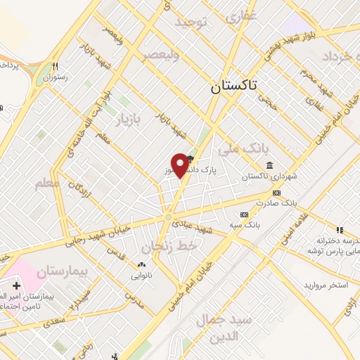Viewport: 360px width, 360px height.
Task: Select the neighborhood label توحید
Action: point(193,22)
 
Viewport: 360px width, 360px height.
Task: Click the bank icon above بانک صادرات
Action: point(276,193)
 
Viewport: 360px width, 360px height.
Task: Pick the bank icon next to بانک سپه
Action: point(244,214)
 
